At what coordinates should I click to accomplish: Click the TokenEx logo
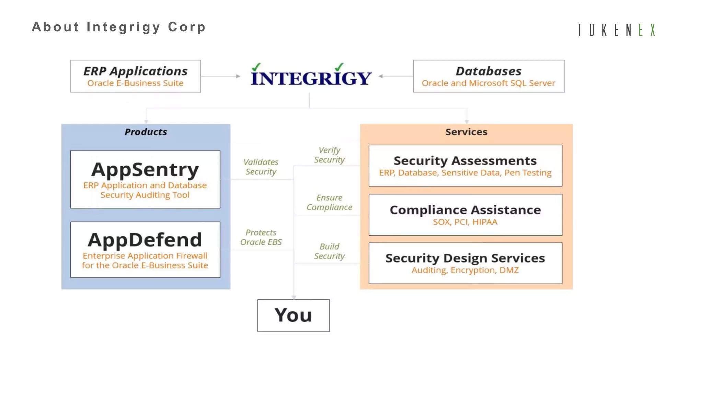tap(616, 30)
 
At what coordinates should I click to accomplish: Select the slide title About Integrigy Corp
tap(119, 27)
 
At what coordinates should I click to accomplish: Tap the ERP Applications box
tap(136, 76)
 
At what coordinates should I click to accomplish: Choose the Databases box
tap(488, 76)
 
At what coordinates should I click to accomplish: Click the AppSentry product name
tap(145, 170)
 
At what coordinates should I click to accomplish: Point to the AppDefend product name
tap(145, 240)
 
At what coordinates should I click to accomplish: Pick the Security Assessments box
tap(465, 166)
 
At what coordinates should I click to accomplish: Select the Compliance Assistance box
tap(465, 215)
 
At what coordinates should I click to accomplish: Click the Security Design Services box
tap(465, 263)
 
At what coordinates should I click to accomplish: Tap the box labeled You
tap(293, 315)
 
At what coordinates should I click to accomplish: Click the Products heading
tap(146, 132)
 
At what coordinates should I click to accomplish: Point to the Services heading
tap(466, 132)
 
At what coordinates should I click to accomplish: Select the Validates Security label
tap(261, 167)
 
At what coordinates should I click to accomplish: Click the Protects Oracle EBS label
tap(261, 237)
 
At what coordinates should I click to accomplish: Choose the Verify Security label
tap(330, 155)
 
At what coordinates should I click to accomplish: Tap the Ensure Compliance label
tap(330, 203)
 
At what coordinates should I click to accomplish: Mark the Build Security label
tap(330, 251)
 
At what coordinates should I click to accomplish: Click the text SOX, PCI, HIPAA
tap(465, 222)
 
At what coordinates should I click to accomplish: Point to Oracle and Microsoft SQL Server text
tap(488, 83)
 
